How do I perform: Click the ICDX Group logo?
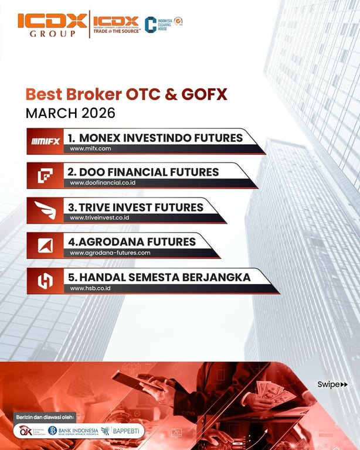pos(52,25)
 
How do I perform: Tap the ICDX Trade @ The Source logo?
pos(116,25)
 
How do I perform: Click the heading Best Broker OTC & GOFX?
pos(126,94)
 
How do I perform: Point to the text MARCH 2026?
pos(70,112)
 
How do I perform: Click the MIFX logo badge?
pos(45,141)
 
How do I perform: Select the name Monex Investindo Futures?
pos(155,138)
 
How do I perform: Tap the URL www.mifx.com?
pos(90,149)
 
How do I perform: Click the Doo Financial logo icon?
pos(45,175)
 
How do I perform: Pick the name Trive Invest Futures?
pos(136,207)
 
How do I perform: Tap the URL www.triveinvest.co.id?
pos(99,218)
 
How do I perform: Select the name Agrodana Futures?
pos(133,241)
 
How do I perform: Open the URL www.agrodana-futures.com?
pos(110,253)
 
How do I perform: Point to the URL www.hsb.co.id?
pos(90,288)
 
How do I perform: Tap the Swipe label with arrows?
pos(332,384)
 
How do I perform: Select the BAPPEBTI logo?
pos(121,431)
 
